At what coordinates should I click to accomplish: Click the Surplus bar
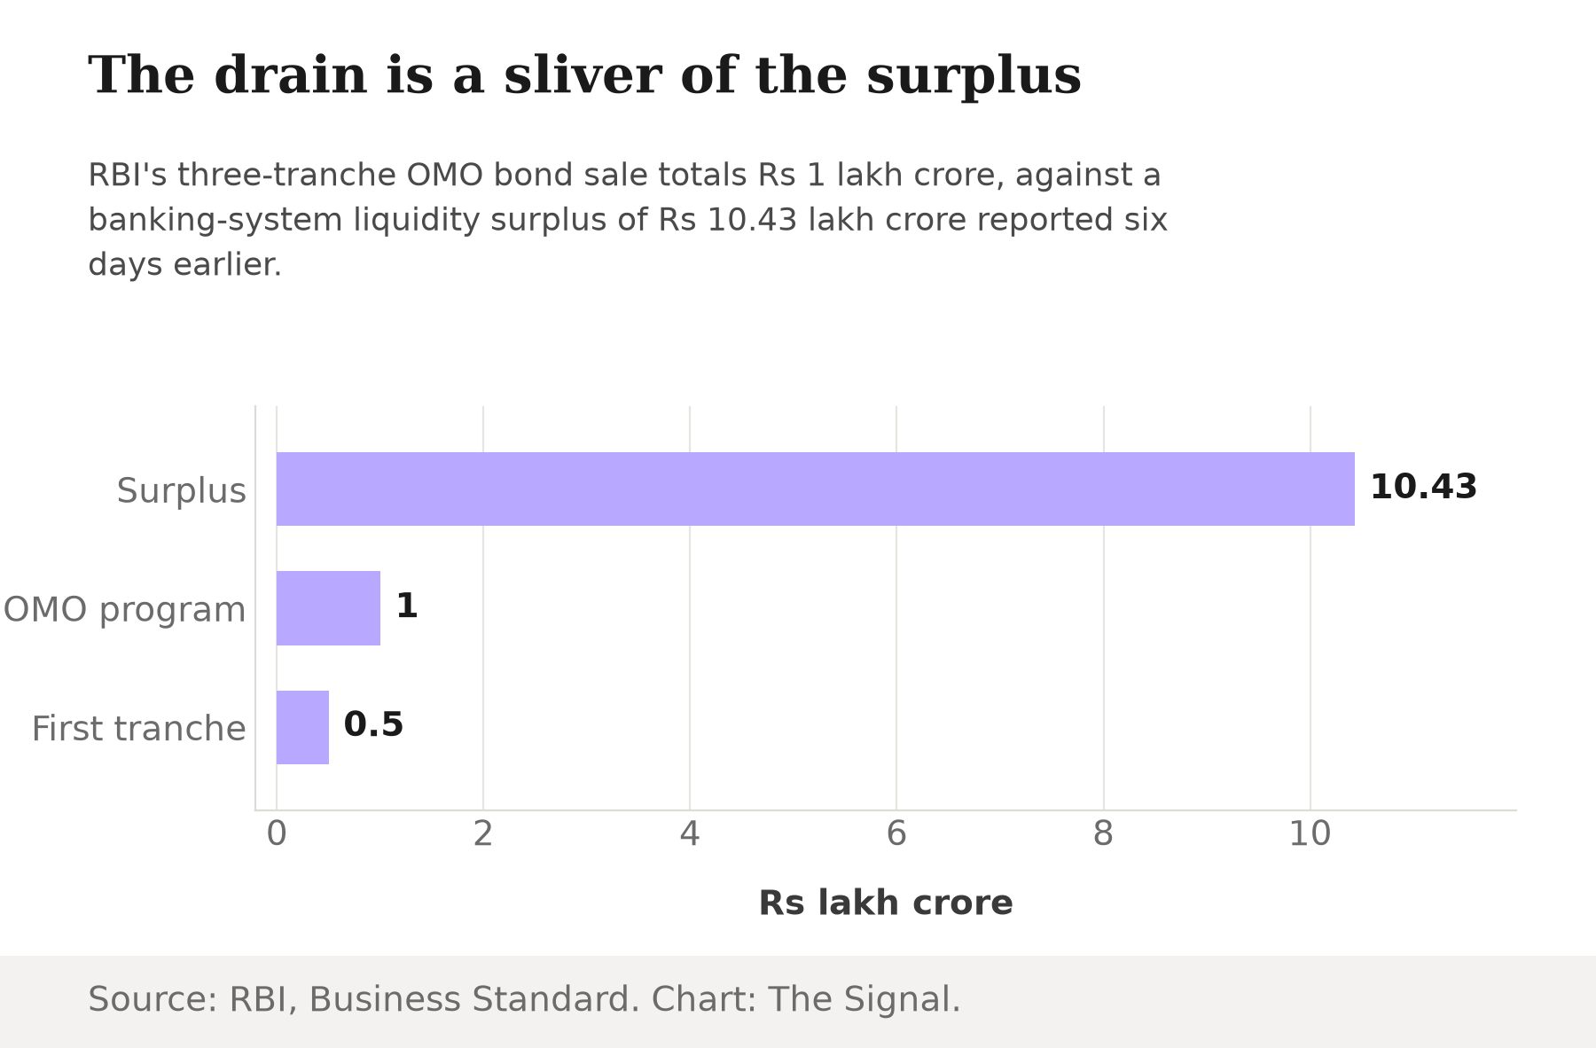(x=816, y=489)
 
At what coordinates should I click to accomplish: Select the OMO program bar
(x=328, y=608)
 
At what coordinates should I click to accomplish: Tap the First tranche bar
(x=302, y=727)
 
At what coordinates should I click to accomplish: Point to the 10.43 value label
(x=1423, y=487)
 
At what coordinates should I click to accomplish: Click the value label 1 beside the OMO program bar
(x=407, y=606)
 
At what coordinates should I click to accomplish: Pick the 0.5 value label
(x=373, y=724)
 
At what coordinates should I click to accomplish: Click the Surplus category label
(x=181, y=490)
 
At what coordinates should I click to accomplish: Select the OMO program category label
(x=124, y=610)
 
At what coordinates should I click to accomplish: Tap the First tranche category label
(x=138, y=729)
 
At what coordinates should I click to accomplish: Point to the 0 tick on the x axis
(x=277, y=834)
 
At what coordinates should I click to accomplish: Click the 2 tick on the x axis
(x=483, y=834)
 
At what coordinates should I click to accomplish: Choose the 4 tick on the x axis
(x=690, y=834)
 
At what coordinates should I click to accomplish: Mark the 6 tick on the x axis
(x=896, y=834)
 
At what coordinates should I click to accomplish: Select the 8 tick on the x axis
(x=1103, y=834)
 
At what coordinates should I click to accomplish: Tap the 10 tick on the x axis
(x=1310, y=834)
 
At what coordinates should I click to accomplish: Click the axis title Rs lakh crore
(x=886, y=903)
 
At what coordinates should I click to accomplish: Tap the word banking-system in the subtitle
(x=215, y=220)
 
